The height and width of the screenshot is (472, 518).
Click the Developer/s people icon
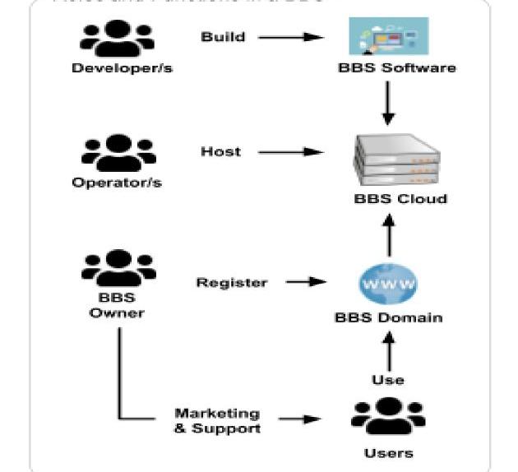click(118, 38)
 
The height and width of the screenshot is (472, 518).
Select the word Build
click(223, 36)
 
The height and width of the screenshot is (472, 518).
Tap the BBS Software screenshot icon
click(388, 36)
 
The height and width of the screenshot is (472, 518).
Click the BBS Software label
click(396, 67)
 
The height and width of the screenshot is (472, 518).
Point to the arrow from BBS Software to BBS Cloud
click(389, 104)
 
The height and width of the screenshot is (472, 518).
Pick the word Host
click(220, 151)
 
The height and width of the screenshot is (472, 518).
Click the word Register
click(231, 283)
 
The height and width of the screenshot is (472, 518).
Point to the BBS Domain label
click(388, 317)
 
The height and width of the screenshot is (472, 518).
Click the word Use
click(388, 379)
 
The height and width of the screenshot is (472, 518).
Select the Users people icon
click(388, 418)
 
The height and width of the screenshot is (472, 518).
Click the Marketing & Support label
click(217, 421)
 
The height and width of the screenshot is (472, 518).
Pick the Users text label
click(388, 453)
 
